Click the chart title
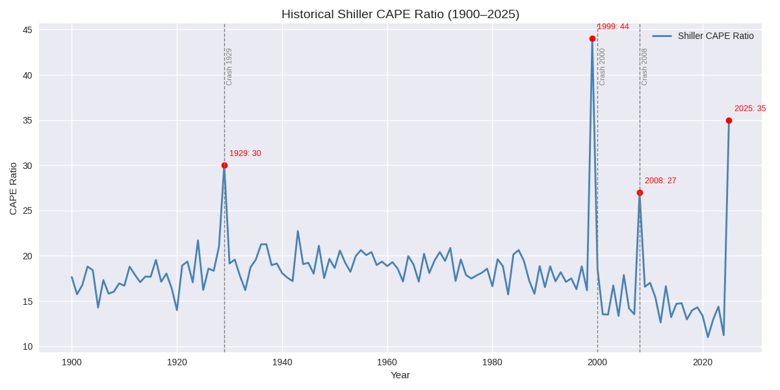(400, 14)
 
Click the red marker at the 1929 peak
(224, 165)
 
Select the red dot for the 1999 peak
(592, 39)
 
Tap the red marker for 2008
(640, 193)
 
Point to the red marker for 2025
(729, 120)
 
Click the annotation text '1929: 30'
(245, 153)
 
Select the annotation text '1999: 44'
(613, 27)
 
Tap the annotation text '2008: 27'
(660, 181)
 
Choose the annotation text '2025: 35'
(750, 109)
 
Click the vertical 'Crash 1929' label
(229, 67)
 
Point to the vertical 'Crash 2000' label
(602, 67)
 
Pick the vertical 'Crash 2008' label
(644, 67)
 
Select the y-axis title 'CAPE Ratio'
(13, 188)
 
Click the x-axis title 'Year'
(400, 375)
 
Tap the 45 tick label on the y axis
(27, 30)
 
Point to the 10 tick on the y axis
(27, 346)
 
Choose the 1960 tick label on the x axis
(387, 362)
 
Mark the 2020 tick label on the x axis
(703, 362)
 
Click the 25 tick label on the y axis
(27, 211)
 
